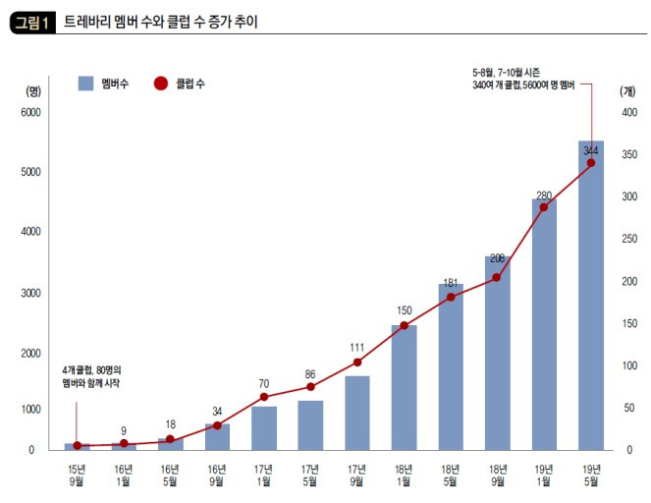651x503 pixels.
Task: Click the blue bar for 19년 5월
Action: click(x=591, y=296)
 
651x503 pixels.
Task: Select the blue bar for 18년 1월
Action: click(x=404, y=387)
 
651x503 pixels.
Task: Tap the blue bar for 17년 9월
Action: click(x=357, y=414)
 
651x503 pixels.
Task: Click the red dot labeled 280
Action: click(x=544, y=207)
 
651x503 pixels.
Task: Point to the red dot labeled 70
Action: click(x=263, y=397)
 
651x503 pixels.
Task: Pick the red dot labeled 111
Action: click(x=357, y=363)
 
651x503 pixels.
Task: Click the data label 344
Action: click(x=591, y=150)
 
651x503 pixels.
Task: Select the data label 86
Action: click(x=310, y=374)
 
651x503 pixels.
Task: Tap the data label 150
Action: click(x=404, y=310)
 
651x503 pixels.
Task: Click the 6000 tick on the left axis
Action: click(x=30, y=112)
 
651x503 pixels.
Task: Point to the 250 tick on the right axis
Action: click(x=629, y=239)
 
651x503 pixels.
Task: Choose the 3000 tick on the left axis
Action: click(x=30, y=293)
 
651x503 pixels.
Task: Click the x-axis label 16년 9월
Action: click(x=217, y=475)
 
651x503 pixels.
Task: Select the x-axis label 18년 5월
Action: click(x=451, y=475)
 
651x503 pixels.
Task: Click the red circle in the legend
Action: click(x=161, y=84)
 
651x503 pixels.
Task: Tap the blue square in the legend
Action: click(x=86, y=84)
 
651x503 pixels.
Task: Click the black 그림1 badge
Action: click(x=32, y=24)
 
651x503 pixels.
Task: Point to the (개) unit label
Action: click(x=627, y=91)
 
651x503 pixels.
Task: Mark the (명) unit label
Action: click(x=33, y=91)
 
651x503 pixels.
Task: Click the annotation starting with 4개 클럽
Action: click(x=91, y=376)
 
